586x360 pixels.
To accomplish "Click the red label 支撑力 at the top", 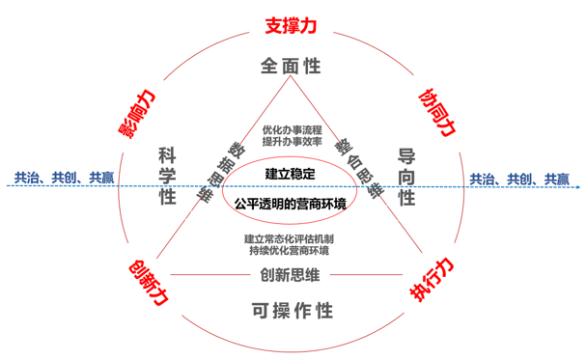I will tap(292, 22).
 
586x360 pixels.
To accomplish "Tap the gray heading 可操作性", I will tap(292, 310).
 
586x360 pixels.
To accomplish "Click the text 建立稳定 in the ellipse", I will tap(292, 172).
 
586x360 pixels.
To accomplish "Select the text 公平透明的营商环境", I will tap(292, 204).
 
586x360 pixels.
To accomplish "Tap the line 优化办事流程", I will tap(292, 128).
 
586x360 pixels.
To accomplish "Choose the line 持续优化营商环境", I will tap(292, 250).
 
